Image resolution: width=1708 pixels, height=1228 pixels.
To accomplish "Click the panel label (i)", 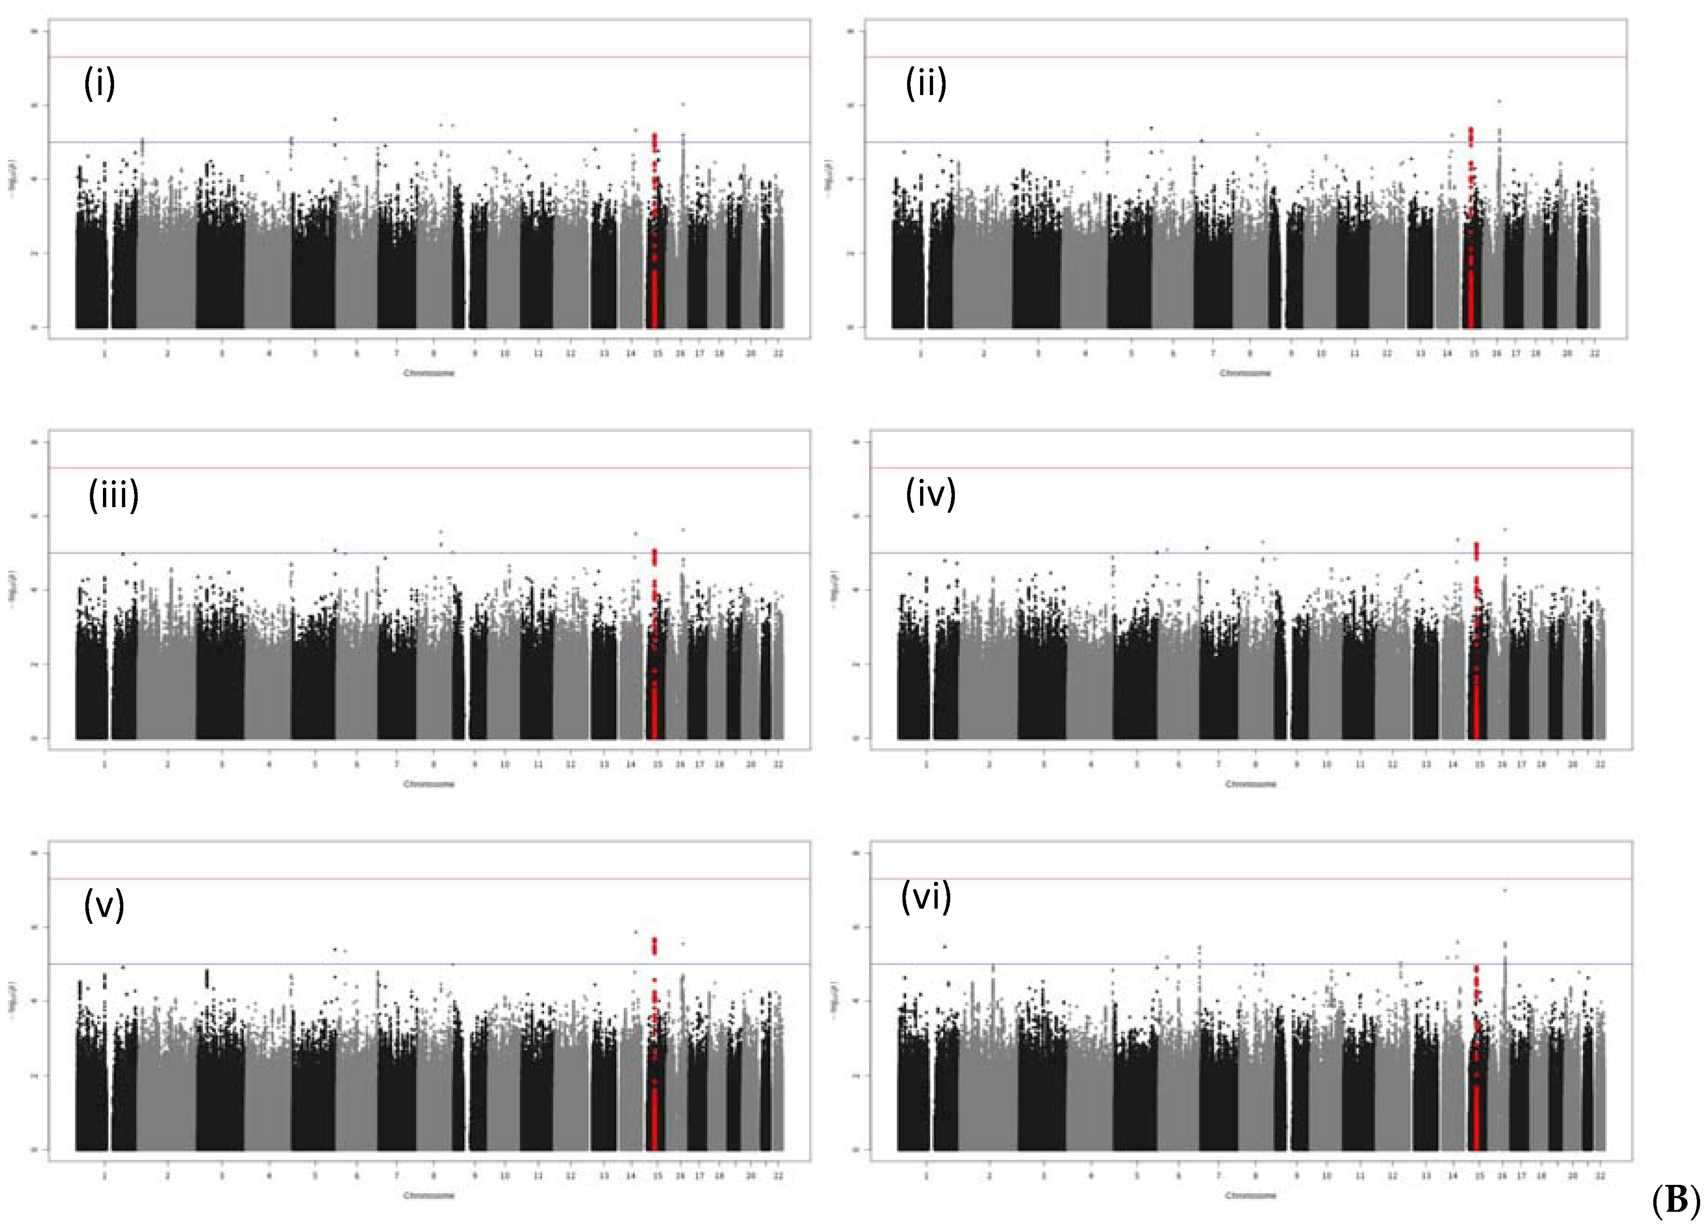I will click(99, 83).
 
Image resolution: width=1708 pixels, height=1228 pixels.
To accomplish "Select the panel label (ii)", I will click(926, 83).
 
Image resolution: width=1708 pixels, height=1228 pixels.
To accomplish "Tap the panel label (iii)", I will click(114, 495).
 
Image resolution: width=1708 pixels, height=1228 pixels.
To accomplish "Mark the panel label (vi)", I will click(926, 897).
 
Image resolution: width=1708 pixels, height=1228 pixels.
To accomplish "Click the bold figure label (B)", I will click(1675, 1199).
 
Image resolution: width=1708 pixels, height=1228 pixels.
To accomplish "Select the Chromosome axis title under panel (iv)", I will click(1251, 784).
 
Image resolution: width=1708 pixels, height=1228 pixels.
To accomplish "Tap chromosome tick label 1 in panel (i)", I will click(105, 353).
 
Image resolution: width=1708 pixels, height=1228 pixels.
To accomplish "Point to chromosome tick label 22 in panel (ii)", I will click(1594, 353).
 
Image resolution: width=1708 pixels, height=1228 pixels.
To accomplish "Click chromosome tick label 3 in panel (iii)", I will click(221, 764).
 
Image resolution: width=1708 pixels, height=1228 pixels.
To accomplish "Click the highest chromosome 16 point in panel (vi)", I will click(1505, 891).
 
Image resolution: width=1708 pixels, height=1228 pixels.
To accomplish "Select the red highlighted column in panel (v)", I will click(654, 1054).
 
